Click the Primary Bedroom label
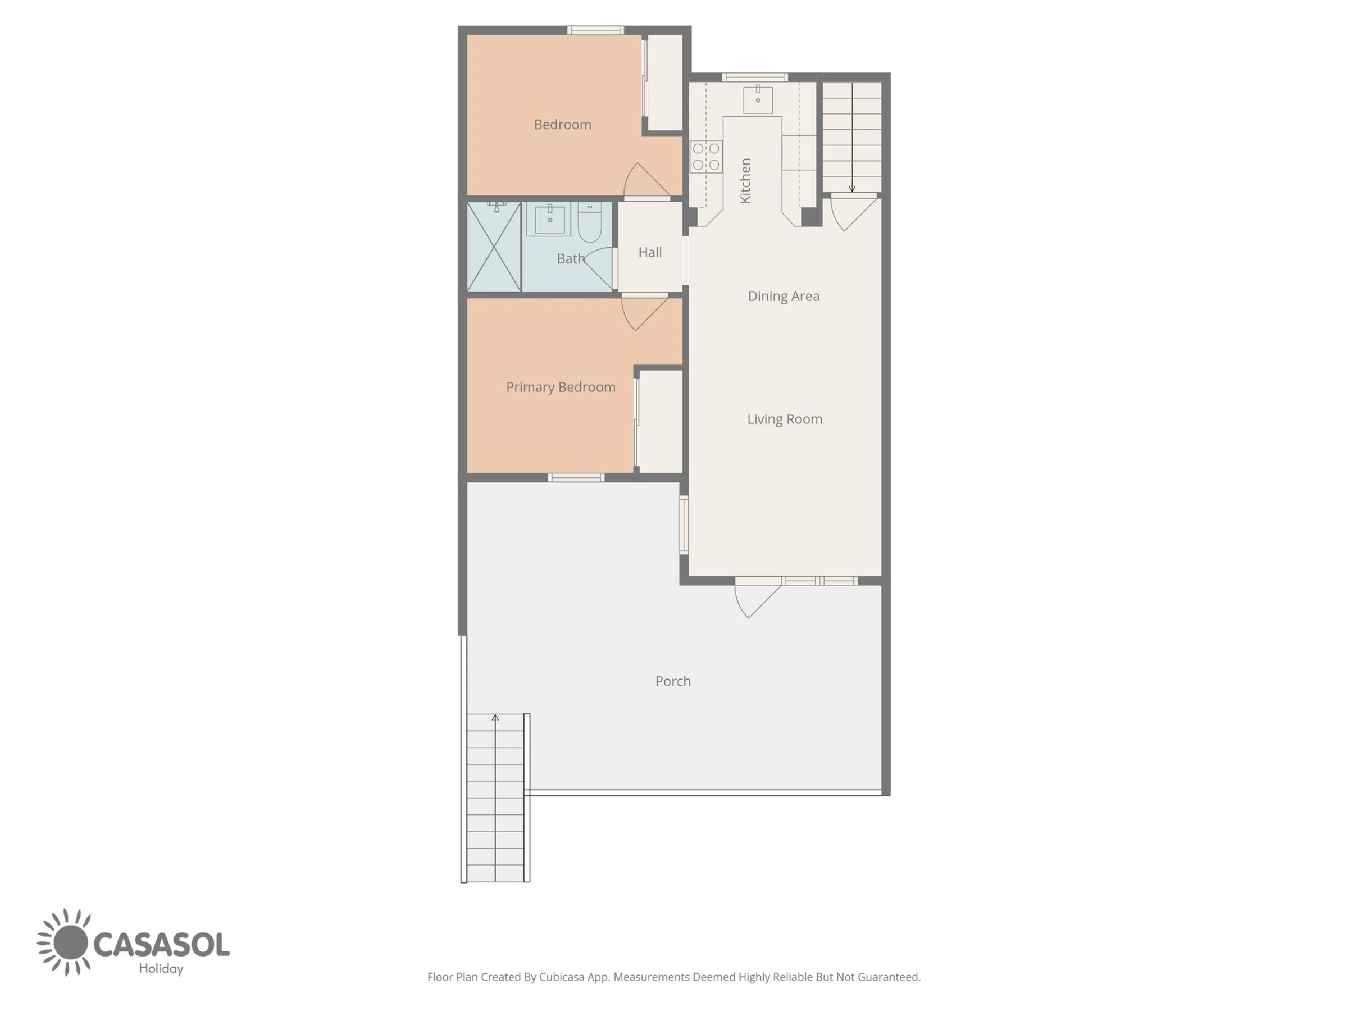(561, 388)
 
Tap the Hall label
(650, 252)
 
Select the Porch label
(673, 681)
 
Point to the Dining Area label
(784, 296)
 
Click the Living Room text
(785, 419)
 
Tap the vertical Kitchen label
(745, 180)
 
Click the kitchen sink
(758, 100)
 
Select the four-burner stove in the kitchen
(705, 157)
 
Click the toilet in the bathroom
(589, 223)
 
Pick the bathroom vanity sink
(549, 220)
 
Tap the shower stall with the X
(494, 247)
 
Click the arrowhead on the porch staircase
(495, 718)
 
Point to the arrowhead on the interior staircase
(852, 189)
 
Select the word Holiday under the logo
(161, 969)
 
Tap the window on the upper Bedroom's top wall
(595, 30)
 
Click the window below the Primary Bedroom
(576, 478)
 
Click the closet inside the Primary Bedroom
(660, 422)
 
